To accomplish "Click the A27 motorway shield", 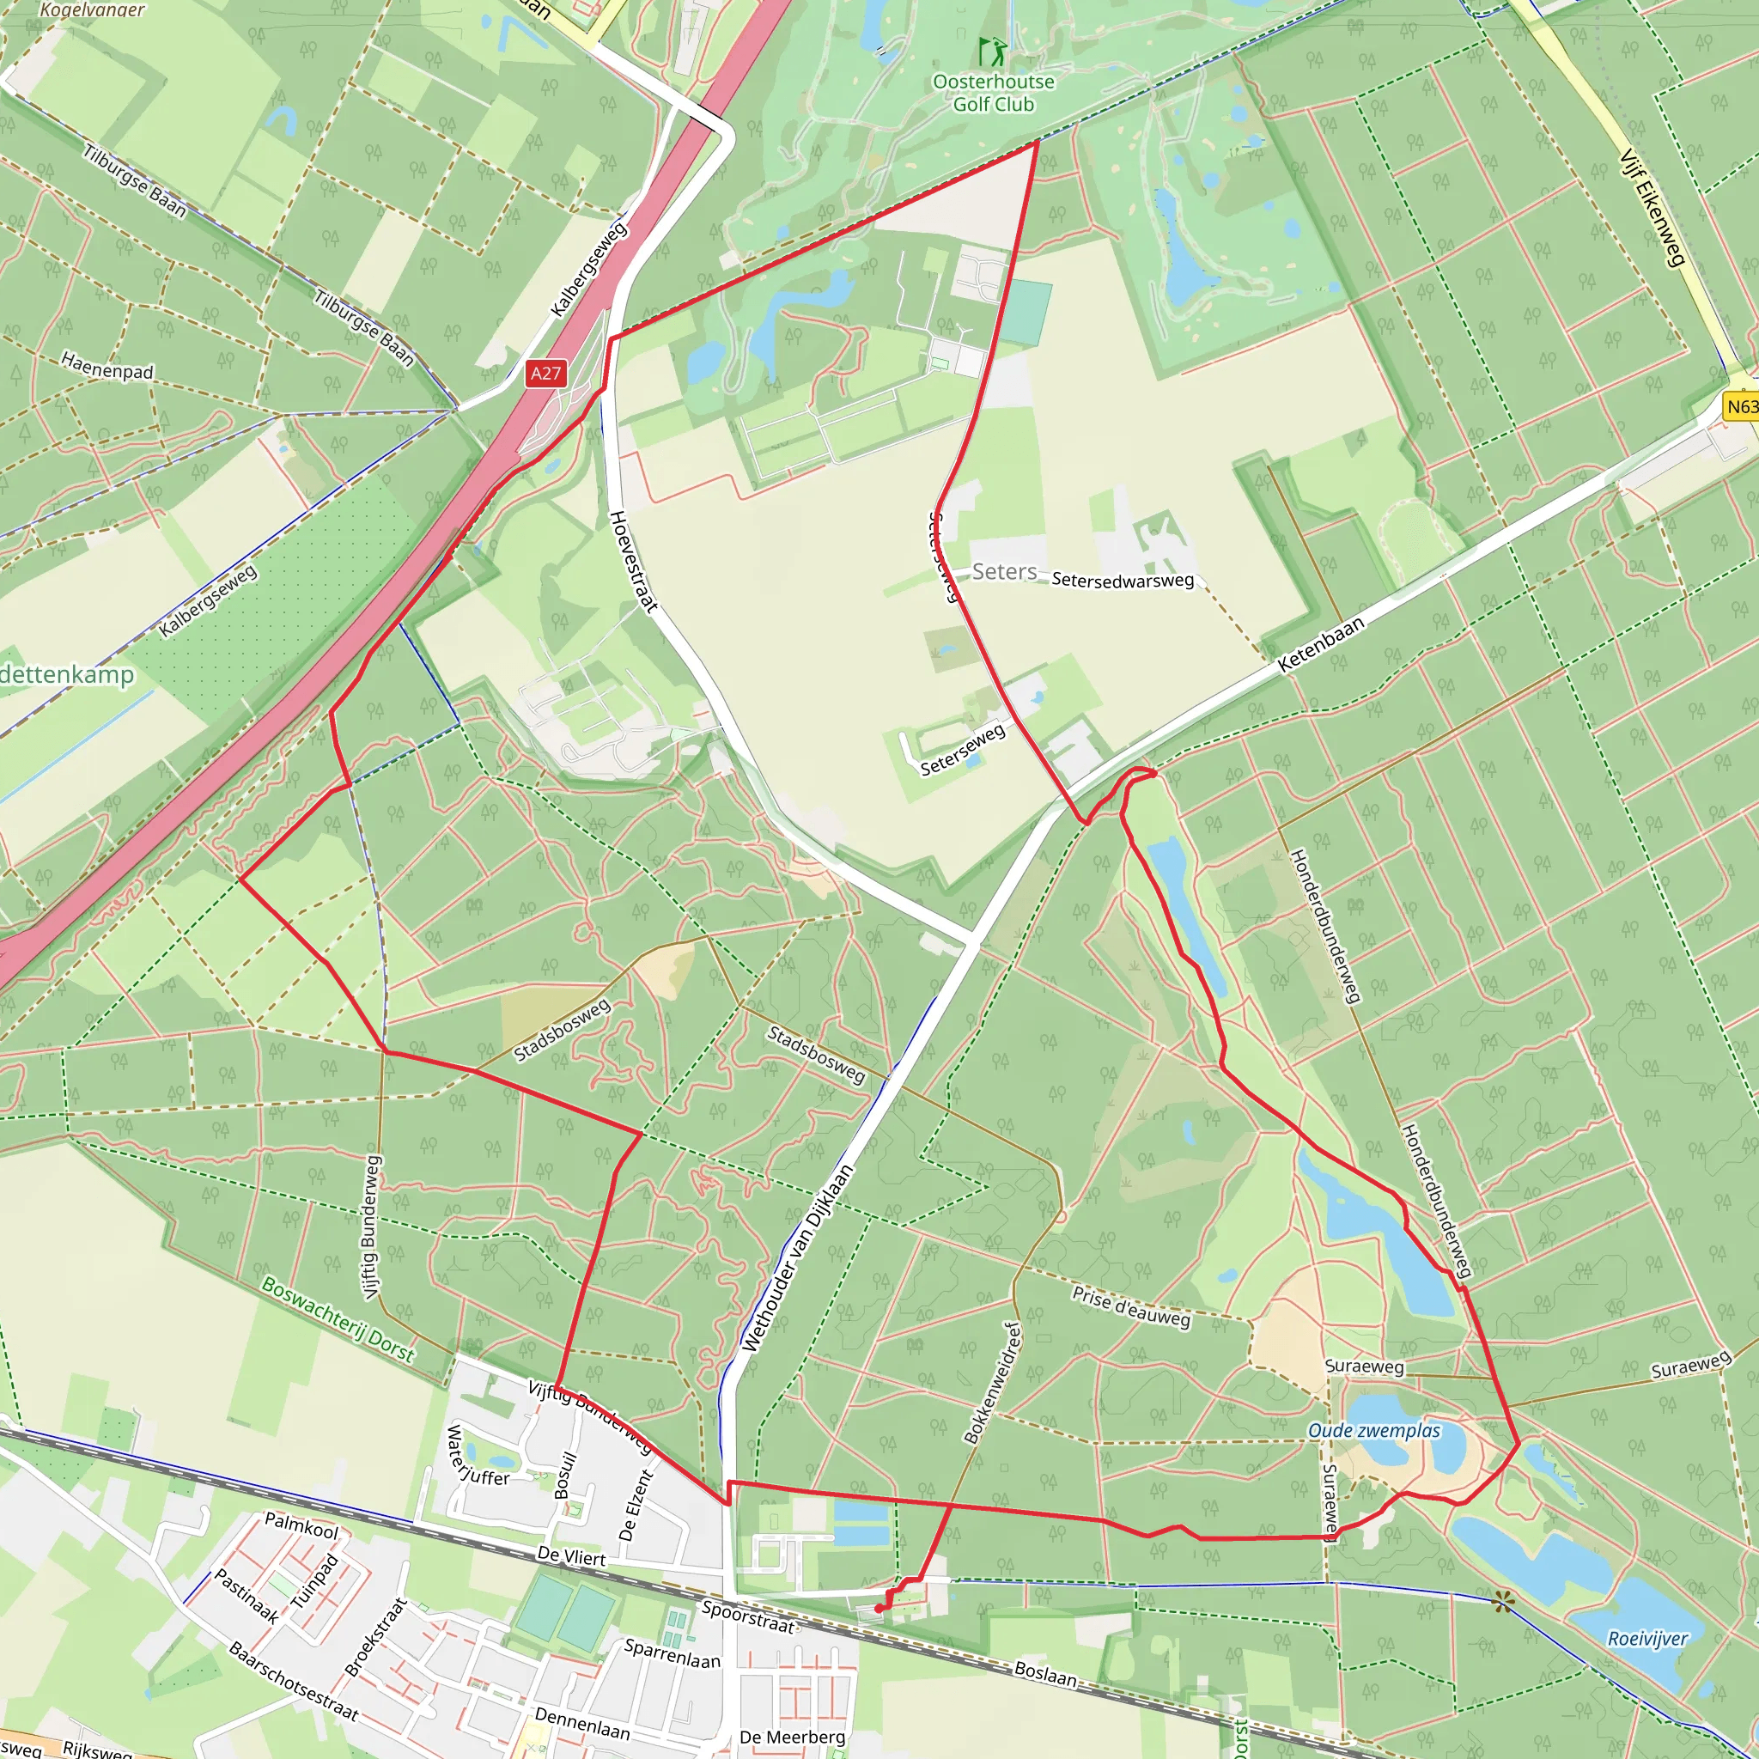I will tap(545, 374).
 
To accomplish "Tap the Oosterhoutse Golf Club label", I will tap(994, 93).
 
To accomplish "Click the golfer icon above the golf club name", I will tap(992, 51).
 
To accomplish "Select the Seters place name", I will tap(1004, 572).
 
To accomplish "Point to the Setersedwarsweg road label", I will tap(1123, 580).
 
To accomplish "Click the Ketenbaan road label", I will tap(1321, 643).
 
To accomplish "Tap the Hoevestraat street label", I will tap(633, 561).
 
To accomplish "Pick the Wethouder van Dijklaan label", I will tap(797, 1257).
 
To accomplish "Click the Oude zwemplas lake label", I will tap(1374, 1430).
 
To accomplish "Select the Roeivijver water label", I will tap(1647, 1639).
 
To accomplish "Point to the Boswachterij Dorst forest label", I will tap(338, 1318).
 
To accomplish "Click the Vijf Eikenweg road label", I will tap(1652, 208).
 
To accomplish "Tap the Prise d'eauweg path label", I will tap(1131, 1306).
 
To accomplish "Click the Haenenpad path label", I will tap(107, 366).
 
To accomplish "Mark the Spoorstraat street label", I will tap(748, 1616).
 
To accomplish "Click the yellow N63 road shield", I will tap(1742, 406).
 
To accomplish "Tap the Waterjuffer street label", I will tap(476, 1456).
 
